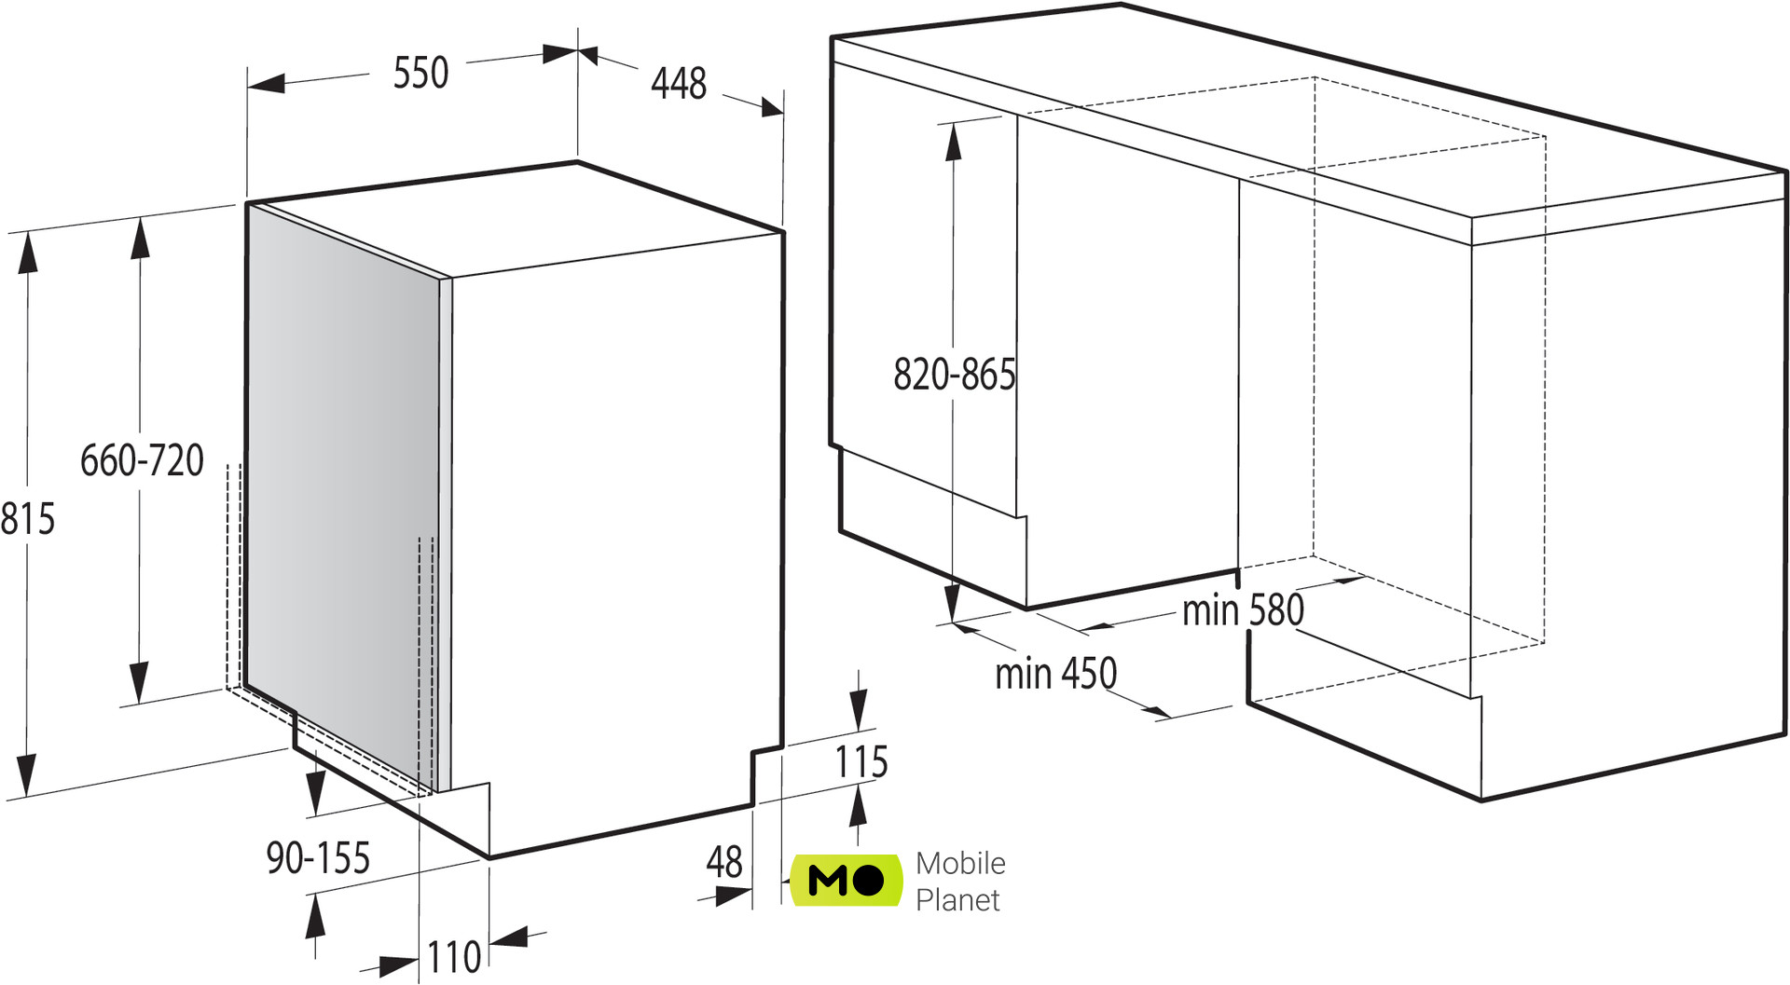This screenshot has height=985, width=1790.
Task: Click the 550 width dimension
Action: (420, 73)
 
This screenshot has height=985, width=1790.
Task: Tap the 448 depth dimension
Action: (679, 83)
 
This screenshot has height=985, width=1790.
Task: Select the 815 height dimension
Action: (28, 519)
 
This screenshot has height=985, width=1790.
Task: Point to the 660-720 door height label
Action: (142, 460)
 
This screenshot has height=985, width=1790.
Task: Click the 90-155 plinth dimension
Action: (318, 857)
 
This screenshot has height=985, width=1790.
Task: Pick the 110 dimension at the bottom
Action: (454, 957)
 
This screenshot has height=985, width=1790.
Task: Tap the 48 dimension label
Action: (724, 862)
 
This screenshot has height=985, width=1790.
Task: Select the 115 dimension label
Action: (861, 761)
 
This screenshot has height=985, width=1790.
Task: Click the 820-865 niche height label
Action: (955, 375)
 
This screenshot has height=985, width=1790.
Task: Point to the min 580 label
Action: (1243, 610)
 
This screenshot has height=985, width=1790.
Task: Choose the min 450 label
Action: (1055, 673)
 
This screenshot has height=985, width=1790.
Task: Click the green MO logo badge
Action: (847, 880)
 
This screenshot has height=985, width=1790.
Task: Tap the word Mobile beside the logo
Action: (960, 863)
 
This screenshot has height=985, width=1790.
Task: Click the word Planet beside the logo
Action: (957, 900)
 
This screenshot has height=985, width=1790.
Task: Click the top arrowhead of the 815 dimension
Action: (28, 253)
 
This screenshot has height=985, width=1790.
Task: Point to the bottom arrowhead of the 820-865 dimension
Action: (952, 602)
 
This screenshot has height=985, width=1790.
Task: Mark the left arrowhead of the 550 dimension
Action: (267, 84)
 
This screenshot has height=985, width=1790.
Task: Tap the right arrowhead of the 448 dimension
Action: (771, 107)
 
